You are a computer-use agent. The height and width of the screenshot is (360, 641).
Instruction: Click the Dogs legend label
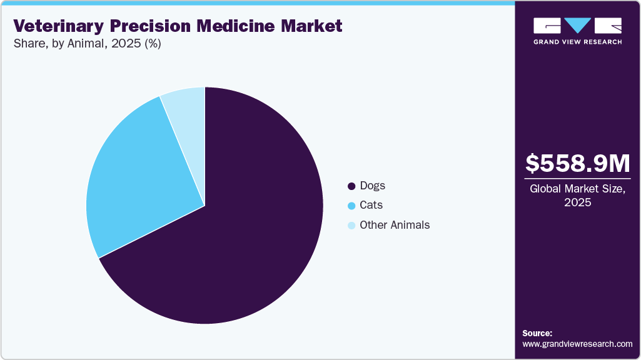click(373, 186)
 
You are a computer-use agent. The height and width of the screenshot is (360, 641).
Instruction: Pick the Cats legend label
click(371, 205)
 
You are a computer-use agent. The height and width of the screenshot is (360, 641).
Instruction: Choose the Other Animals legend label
click(395, 225)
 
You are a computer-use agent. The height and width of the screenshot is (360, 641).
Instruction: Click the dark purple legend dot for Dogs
click(351, 186)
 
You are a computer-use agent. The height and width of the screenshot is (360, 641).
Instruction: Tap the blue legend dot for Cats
click(351, 206)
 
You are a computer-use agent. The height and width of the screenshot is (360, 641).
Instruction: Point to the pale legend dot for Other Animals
click(351, 226)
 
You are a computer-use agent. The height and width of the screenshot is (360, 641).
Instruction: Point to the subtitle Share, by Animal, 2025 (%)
click(87, 44)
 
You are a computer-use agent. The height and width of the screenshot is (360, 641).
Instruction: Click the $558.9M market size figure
click(578, 164)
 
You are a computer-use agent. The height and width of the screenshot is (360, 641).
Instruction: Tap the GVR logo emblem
click(577, 26)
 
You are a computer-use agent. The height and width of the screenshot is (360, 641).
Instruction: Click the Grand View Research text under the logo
click(577, 42)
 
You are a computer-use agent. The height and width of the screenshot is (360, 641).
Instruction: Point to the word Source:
click(537, 333)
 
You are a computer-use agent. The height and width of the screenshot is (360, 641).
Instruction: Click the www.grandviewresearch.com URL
click(577, 344)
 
